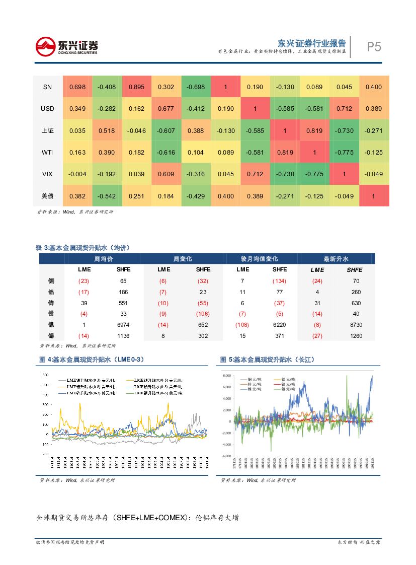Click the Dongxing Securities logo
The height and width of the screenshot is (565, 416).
pos(66,47)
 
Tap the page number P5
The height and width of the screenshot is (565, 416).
pos(374,47)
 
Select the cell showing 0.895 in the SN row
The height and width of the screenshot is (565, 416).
pos(136,87)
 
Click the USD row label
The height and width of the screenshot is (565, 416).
pos(47,109)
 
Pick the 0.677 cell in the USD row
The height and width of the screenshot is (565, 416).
pos(166,109)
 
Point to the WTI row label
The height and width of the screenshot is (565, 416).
pos(47,152)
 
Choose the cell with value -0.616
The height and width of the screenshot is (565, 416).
pos(166,152)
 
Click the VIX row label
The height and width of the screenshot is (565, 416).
pos(47,174)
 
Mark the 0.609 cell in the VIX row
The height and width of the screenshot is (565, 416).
pos(166,174)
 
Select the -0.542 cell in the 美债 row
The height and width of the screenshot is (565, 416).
pos(107,196)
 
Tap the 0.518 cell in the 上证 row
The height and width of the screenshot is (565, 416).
pos(107,130)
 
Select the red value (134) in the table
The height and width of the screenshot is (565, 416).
pos(279,281)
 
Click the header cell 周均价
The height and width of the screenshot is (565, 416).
pos(104,259)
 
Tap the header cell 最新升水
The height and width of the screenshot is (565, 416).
pos(336,259)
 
